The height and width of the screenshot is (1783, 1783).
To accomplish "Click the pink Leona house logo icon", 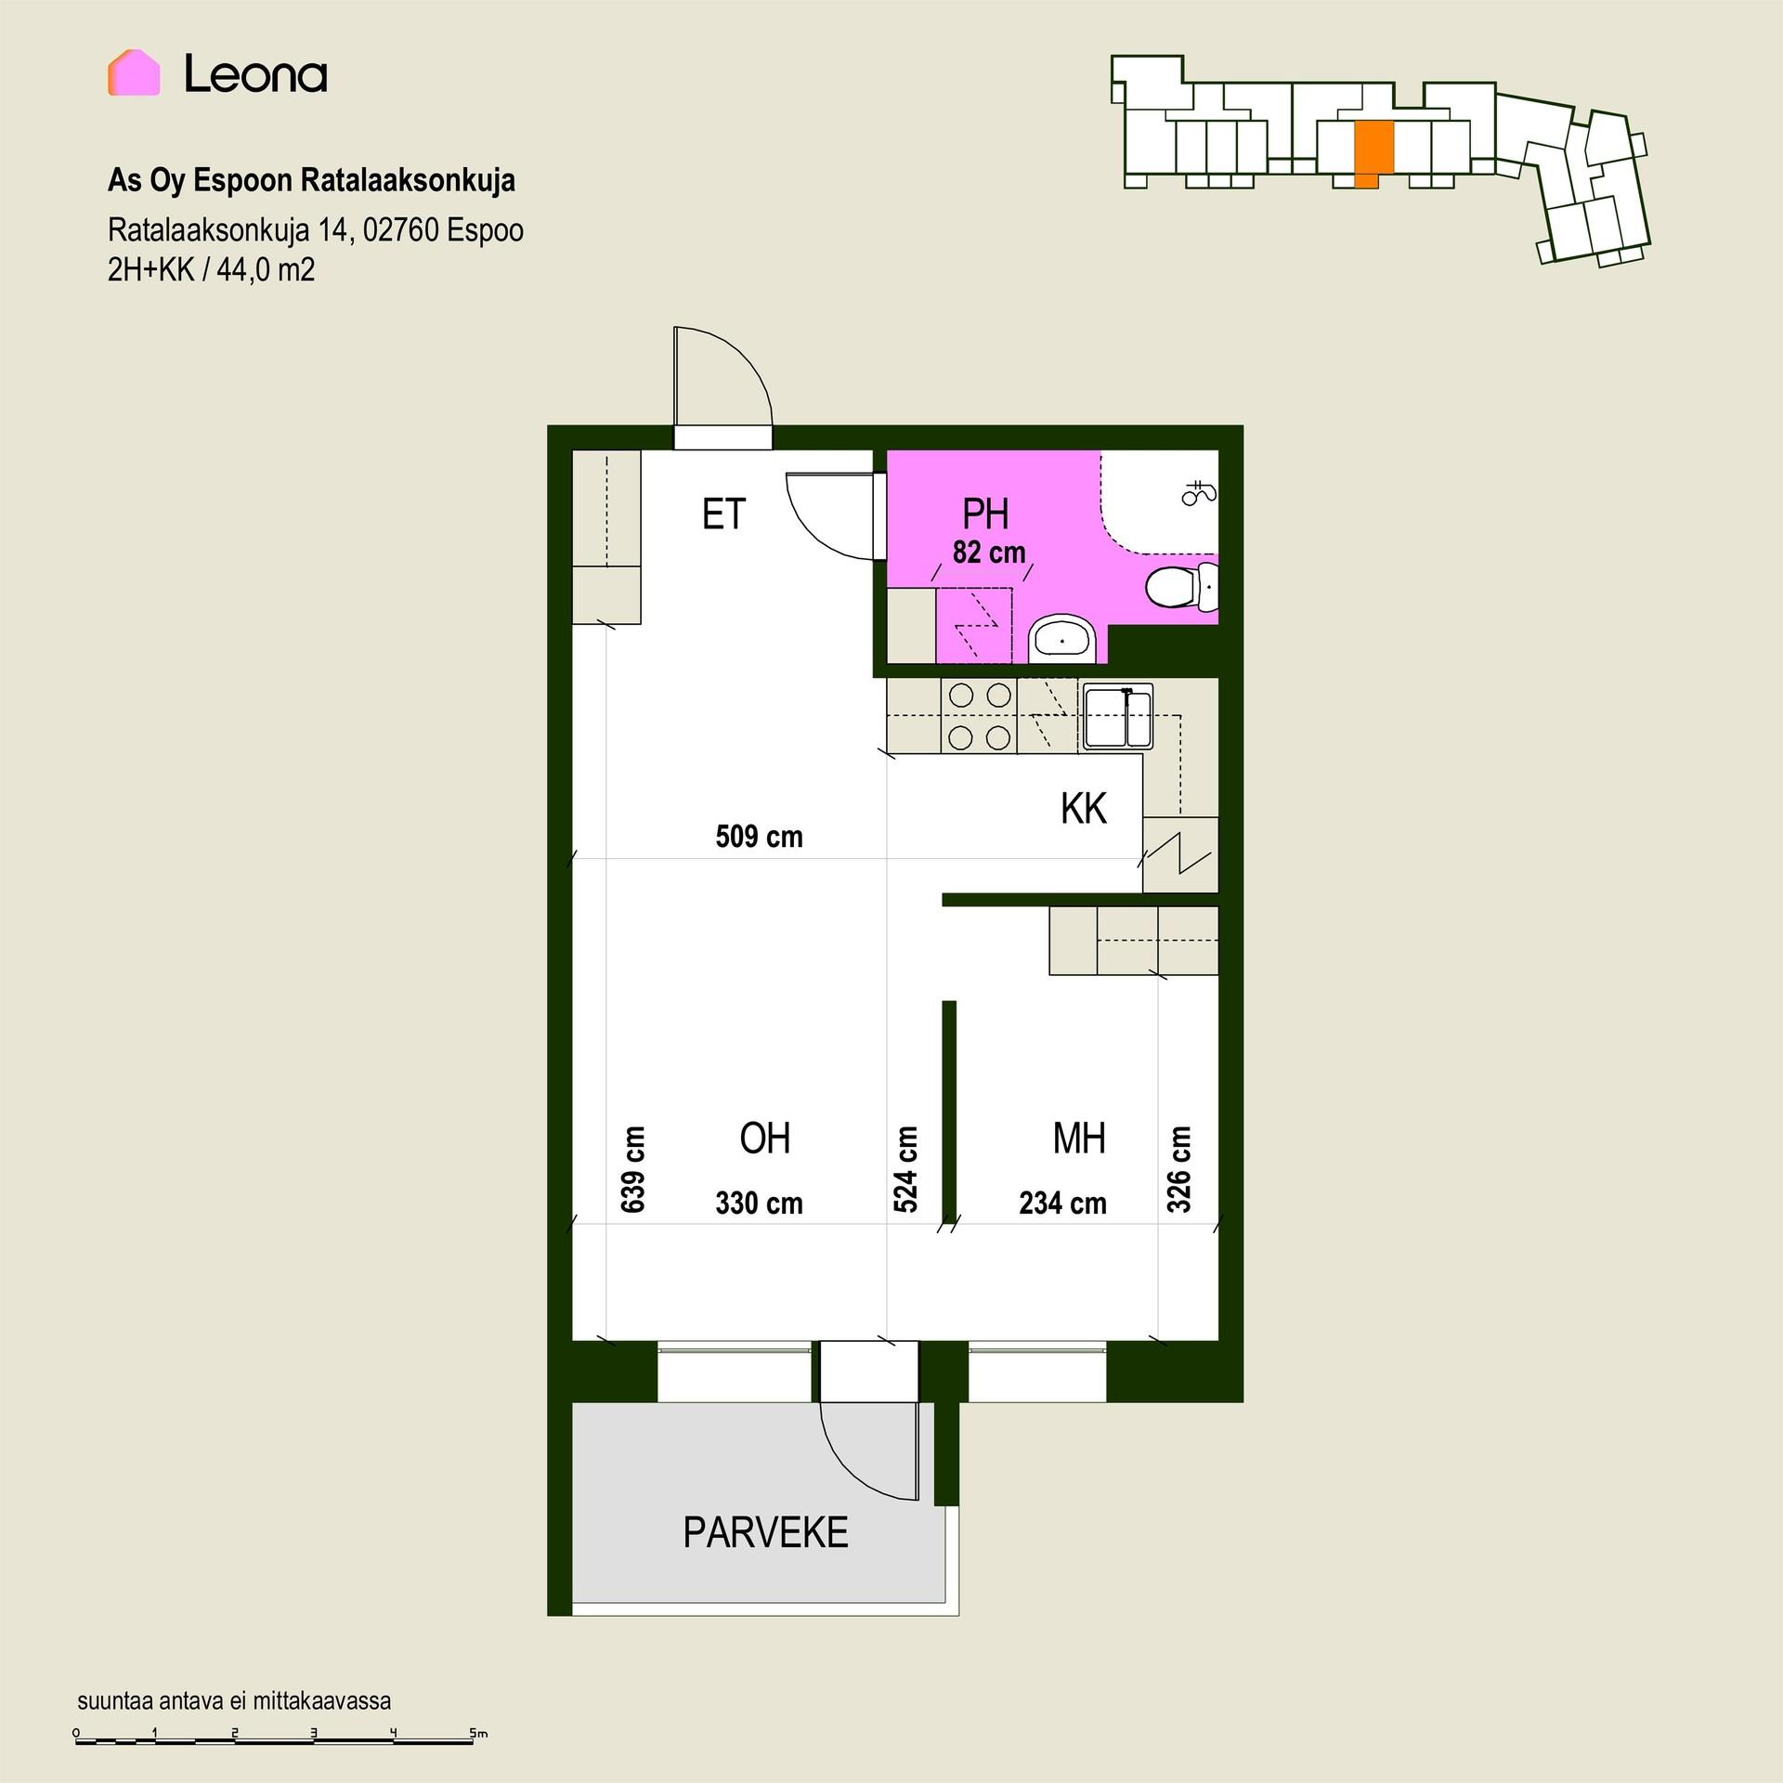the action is click(134, 72).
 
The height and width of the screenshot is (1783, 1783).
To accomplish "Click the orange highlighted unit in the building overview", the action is click(1374, 154).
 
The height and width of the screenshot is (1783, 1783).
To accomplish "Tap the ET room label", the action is click(723, 514).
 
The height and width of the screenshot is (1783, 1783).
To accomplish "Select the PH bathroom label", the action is click(985, 514).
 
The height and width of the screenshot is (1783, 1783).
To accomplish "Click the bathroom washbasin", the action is click(1063, 639).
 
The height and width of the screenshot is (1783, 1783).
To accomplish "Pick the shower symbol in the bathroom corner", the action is click(1198, 492).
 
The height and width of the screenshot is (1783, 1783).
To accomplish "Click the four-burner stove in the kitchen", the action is click(980, 716).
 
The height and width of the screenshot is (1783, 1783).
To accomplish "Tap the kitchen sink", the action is click(1118, 716).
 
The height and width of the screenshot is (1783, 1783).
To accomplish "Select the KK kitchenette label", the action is click(1084, 809).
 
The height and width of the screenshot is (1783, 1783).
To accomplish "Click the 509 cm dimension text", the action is click(759, 837).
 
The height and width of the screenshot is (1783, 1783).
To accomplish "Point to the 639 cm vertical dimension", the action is click(632, 1169).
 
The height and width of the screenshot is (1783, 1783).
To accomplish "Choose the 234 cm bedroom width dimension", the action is click(1062, 1204).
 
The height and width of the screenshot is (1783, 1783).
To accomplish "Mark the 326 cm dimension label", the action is click(1178, 1169).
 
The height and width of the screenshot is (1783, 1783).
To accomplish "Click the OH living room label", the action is click(764, 1139).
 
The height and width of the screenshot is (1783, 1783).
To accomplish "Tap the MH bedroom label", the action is click(1079, 1139).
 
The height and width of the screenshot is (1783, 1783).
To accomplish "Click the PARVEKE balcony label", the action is click(765, 1532).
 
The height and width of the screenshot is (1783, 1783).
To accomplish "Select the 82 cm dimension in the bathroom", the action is click(989, 553).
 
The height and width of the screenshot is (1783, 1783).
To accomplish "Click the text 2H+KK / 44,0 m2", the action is click(212, 270).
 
